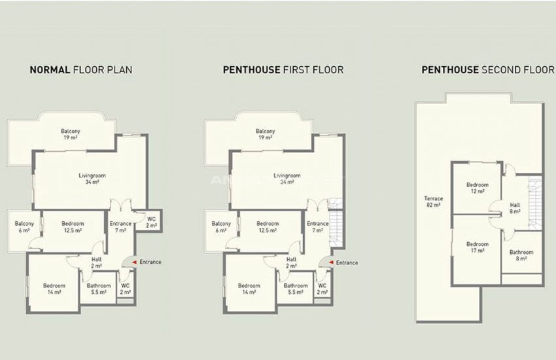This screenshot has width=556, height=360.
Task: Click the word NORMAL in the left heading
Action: coord(50,69)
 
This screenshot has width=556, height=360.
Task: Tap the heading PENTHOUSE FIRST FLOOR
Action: coord(283,69)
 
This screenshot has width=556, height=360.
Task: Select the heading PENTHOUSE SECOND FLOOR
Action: coord(487,69)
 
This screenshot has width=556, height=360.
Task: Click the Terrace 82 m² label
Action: coord(433,202)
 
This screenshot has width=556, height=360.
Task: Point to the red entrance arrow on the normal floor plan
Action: coord(134,262)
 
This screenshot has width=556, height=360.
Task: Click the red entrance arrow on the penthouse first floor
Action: coord(331,262)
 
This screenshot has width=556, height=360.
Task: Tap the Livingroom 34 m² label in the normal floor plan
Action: coord(92,179)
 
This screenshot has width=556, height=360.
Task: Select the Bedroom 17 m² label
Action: coord(478,247)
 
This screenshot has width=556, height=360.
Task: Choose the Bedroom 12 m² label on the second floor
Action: coord(478,188)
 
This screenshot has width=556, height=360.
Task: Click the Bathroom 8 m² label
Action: coord(521,255)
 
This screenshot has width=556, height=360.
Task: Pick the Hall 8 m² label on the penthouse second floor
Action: coord(515,208)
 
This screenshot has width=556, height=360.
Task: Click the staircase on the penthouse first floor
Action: coord(336,222)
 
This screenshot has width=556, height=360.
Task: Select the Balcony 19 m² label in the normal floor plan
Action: coord(71,134)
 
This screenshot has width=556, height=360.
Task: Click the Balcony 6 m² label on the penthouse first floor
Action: coord(221,227)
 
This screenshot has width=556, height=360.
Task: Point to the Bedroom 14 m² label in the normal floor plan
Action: coord(54,289)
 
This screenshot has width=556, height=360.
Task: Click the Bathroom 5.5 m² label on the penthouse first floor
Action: coord(296,289)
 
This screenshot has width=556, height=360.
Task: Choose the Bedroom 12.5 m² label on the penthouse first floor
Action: coord(268,227)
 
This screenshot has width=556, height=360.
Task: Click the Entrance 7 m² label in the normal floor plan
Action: coord(120,227)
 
